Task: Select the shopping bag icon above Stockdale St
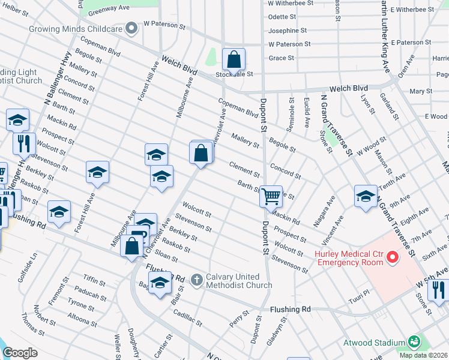click(x=234, y=59)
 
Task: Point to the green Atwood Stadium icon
click(x=413, y=342)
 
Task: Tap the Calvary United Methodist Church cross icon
click(x=196, y=280)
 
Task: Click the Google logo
click(x=20, y=353)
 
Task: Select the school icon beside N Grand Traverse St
click(x=366, y=196)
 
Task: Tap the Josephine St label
click(x=287, y=31)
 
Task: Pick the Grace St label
click(x=282, y=58)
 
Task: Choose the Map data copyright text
click(x=423, y=355)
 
